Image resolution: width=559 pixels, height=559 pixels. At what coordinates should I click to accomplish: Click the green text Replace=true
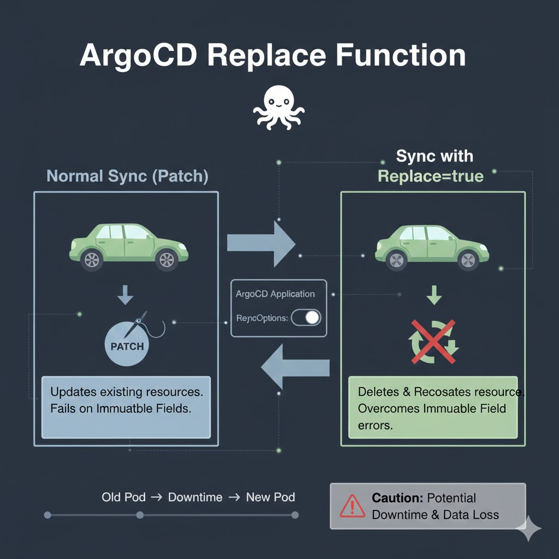(431, 176)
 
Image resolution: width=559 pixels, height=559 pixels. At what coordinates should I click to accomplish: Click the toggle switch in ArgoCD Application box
(306, 318)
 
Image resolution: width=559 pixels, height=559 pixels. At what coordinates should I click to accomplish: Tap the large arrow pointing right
(260, 242)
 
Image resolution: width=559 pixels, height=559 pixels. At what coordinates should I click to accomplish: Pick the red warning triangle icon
(352, 506)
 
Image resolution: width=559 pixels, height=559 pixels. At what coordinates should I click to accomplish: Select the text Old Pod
(123, 497)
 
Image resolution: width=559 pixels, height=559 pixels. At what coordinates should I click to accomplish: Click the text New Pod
(270, 497)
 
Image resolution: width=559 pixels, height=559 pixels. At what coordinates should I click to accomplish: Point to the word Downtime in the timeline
(195, 497)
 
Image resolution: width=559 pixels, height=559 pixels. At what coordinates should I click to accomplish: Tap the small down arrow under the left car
(126, 296)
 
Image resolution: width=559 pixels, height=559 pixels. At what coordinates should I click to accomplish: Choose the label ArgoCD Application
(275, 294)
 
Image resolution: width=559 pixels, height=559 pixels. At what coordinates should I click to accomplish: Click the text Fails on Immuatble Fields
(120, 408)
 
